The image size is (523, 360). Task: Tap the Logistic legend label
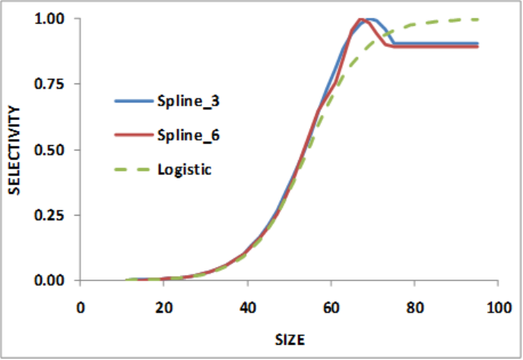184,168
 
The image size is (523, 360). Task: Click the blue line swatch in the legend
132,100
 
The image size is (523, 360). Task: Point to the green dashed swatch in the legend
132,168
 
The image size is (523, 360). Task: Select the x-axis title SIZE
290,336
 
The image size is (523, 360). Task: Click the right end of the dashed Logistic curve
477,20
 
